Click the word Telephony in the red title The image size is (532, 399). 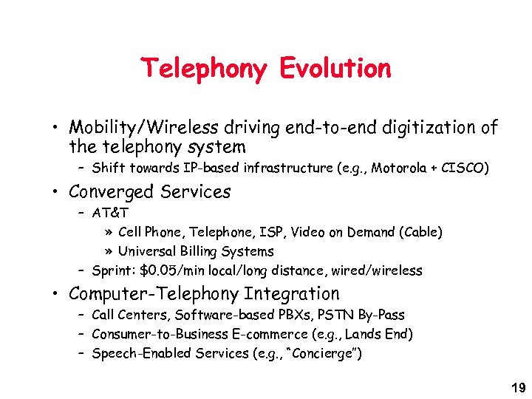pyautogui.click(x=205, y=69)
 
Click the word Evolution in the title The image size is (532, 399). pyautogui.click(x=335, y=69)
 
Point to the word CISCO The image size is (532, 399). pyautogui.click(x=464, y=168)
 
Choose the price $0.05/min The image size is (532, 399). pyautogui.click(x=173, y=270)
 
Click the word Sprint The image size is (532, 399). pyautogui.click(x=113, y=270)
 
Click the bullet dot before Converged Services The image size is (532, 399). pyautogui.click(x=57, y=192)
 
